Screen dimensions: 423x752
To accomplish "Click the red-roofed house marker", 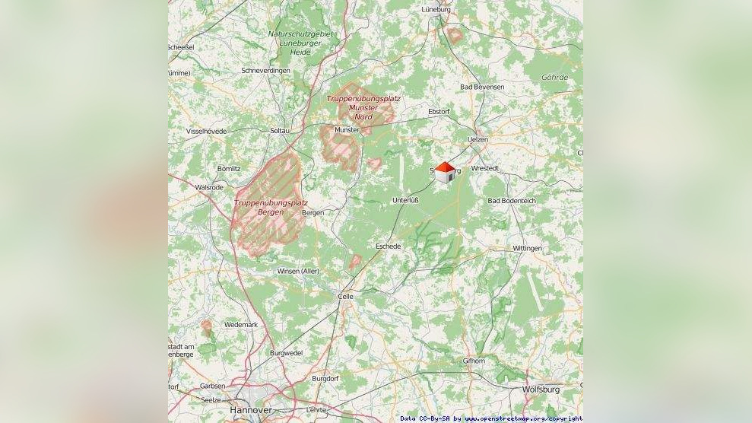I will pos(445,172).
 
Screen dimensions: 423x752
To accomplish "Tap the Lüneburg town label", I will pos(436,10).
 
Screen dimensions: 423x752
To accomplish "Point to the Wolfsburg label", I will pos(541,390).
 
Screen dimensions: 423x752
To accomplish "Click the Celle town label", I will pos(345,297).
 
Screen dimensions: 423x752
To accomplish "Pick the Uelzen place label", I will pos(478,140).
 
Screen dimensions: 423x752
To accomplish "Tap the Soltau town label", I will pos(280,131).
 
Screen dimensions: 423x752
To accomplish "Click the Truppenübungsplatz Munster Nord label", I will pos(363,107).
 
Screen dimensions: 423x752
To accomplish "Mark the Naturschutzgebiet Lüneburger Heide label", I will pos(300,43).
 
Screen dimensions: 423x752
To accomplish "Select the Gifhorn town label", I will pos(473,361).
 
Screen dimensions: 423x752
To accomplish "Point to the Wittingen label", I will pos(527,249).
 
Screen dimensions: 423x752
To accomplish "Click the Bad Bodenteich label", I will pos(512,201).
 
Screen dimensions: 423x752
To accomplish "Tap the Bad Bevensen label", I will pos(482,87).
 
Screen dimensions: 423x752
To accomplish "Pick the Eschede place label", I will pos(388,246).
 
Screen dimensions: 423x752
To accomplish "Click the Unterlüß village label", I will pos(405,200).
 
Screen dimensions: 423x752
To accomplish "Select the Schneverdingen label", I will pos(265,71).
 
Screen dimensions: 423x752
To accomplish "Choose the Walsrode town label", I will pos(209,187).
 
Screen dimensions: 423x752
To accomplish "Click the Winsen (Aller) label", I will pos(298,272).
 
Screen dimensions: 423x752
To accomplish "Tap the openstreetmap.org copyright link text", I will pos(524,418).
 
